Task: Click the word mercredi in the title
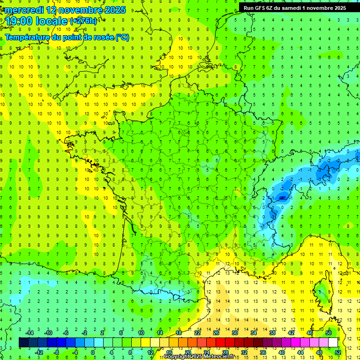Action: [x=22, y=10]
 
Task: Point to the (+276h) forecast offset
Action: [x=84, y=21]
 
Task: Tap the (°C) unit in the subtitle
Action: [x=122, y=37]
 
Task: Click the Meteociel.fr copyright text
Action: [x=211, y=357]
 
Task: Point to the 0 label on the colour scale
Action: [x=93, y=352]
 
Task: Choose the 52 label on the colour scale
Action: [x=338, y=352]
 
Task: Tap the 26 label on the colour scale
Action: [x=216, y=333]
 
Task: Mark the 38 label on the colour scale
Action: [x=272, y=333]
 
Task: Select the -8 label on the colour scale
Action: [x=56, y=352]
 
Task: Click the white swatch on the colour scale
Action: [x=333, y=343]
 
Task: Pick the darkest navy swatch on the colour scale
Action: [x=23, y=343]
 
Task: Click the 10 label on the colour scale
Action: [x=141, y=333]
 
